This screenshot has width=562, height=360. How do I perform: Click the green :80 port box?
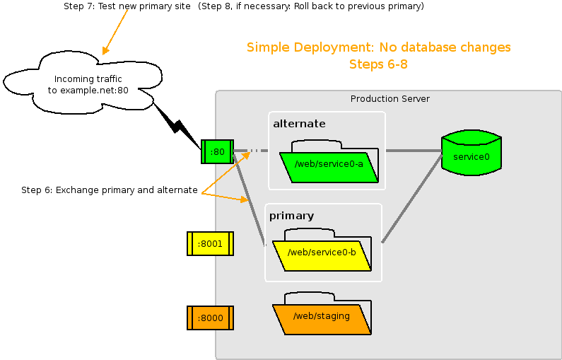click(217, 151)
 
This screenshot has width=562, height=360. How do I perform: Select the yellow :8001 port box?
click(210, 243)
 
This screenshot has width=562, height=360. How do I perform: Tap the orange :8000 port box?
click(210, 318)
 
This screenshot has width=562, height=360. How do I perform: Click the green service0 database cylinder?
click(471, 154)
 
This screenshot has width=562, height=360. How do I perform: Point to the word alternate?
click(299, 124)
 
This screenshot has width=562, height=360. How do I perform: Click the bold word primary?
click(291, 215)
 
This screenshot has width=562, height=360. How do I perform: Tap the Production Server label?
click(390, 98)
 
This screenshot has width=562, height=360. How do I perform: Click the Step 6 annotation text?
click(109, 190)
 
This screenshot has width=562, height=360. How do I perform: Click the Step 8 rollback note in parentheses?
click(311, 6)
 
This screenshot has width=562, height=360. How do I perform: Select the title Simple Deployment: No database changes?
click(378, 47)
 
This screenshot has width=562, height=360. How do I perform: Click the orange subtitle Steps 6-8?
click(378, 64)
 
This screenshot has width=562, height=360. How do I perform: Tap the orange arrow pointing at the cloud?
click(115, 31)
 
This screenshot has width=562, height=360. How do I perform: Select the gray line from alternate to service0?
click(413, 151)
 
